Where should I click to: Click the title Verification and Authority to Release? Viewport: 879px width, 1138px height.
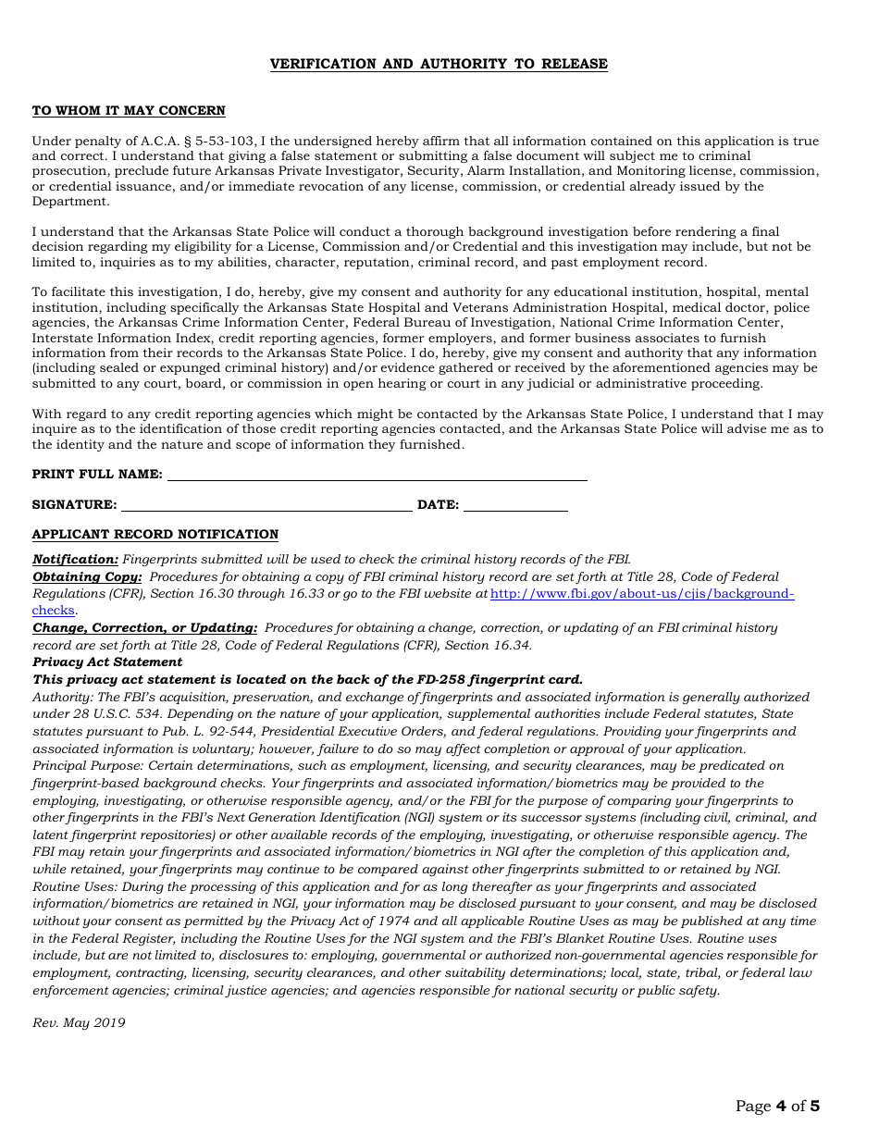pyautogui.click(x=439, y=64)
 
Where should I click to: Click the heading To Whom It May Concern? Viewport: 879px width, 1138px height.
pyautogui.click(x=129, y=111)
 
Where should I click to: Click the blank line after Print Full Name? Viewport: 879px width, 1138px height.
pyautogui.click(x=377, y=474)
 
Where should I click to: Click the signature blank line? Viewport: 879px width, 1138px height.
pyautogui.click(x=266, y=504)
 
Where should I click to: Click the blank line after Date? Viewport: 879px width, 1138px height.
pyautogui.click(x=515, y=504)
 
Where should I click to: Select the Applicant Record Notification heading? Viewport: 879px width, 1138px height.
pyautogui.click(x=155, y=535)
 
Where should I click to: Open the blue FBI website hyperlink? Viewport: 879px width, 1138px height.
pyautogui.click(x=641, y=594)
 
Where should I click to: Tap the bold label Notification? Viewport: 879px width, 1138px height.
pyautogui.click(x=76, y=560)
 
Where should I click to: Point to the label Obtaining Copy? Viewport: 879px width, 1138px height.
pyautogui.click(x=88, y=576)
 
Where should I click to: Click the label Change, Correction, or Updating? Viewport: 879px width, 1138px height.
pyautogui.click(x=145, y=628)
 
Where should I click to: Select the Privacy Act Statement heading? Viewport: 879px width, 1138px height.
pyautogui.click(x=107, y=662)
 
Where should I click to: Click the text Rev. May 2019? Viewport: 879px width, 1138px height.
pyautogui.click(x=79, y=1023)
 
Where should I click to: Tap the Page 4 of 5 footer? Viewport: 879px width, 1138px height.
pyautogui.click(x=777, y=1106)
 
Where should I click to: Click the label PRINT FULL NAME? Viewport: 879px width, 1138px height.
pyautogui.click(x=97, y=475)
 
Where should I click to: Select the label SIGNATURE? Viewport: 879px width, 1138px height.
pyautogui.click(x=75, y=505)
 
